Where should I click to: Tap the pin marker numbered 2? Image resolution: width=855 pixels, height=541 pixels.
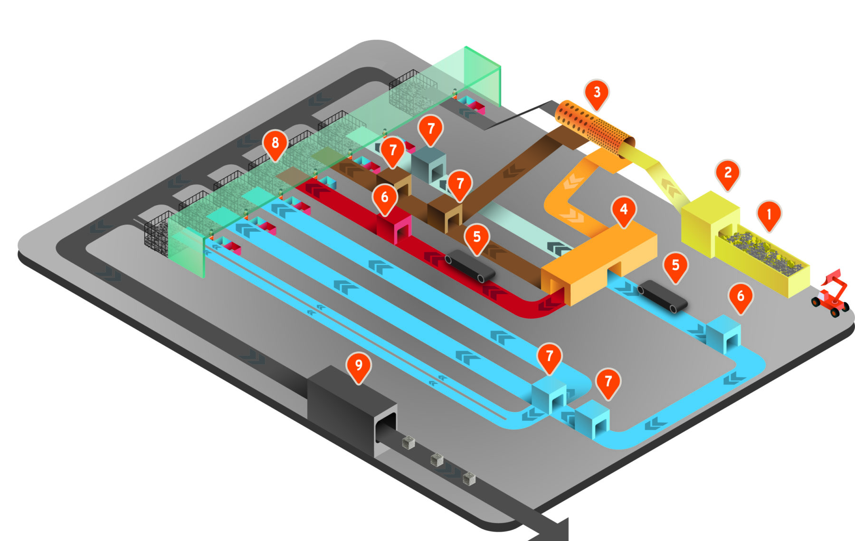point(727,173)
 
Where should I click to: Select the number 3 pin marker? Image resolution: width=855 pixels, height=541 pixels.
point(597,93)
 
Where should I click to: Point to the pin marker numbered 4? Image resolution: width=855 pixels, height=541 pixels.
point(624,209)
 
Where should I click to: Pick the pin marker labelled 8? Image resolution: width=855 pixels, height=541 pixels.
point(275,143)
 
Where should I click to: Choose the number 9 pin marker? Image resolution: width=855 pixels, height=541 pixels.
point(359,365)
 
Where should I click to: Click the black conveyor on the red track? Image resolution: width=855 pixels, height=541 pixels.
point(470,265)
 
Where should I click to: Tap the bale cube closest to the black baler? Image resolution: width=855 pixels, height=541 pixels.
point(408,443)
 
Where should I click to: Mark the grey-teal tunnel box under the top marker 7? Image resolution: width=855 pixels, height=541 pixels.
point(428,167)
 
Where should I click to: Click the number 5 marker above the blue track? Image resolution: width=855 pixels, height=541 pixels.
point(675,266)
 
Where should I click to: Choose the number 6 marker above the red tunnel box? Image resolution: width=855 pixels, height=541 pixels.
point(385,197)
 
